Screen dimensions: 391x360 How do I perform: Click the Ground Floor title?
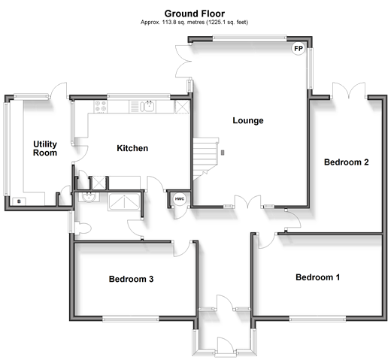click(x=195, y=14)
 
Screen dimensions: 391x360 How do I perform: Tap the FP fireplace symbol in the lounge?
click(x=299, y=48)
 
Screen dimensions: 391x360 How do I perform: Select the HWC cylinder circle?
click(x=180, y=199)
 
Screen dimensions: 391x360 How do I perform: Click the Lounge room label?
click(x=248, y=120)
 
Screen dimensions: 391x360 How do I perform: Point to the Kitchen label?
click(x=132, y=148)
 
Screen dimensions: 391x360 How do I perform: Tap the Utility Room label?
click(x=45, y=149)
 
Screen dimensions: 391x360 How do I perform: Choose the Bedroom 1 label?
click(x=318, y=277)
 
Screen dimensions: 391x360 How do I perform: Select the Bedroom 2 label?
click(x=347, y=162)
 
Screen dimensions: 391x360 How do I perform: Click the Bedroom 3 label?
click(x=131, y=279)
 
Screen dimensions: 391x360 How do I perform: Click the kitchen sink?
click(x=148, y=106)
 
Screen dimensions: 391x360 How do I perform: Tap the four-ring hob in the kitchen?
click(x=101, y=106)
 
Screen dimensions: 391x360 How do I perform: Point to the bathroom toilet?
click(x=83, y=228)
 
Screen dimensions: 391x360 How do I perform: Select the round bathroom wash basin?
click(x=89, y=197)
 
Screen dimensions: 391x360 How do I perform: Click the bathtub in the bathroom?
click(x=124, y=201)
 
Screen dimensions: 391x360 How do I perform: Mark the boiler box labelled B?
click(x=19, y=201)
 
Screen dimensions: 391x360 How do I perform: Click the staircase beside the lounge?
click(x=205, y=159)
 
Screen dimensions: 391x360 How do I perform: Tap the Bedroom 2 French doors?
click(x=349, y=90)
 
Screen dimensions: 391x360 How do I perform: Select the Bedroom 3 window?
click(x=131, y=319)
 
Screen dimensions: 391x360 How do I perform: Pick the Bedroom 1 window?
click(x=317, y=319)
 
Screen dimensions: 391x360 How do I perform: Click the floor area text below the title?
click(x=194, y=23)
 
